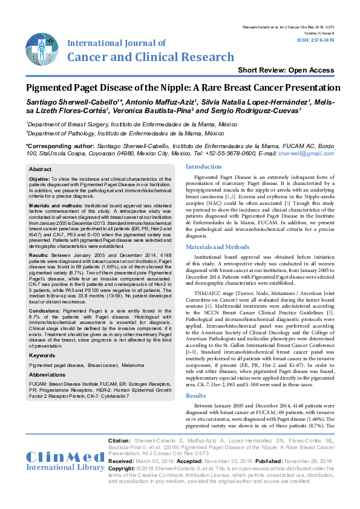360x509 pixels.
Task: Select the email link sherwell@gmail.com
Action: (x=311, y=154)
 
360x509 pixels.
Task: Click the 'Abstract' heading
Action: (x=41, y=169)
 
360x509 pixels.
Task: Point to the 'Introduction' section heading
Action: (x=203, y=166)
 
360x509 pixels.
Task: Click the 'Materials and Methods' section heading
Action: (x=217, y=247)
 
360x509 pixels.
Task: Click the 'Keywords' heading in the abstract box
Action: (x=42, y=355)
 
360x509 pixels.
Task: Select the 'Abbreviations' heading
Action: (x=48, y=375)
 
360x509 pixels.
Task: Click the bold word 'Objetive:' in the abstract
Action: (x=40, y=180)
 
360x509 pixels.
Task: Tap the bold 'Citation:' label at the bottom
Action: (x=118, y=441)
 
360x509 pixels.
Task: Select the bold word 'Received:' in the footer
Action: (x=120, y=460)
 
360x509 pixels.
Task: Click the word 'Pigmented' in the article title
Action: (x=53, y=88)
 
